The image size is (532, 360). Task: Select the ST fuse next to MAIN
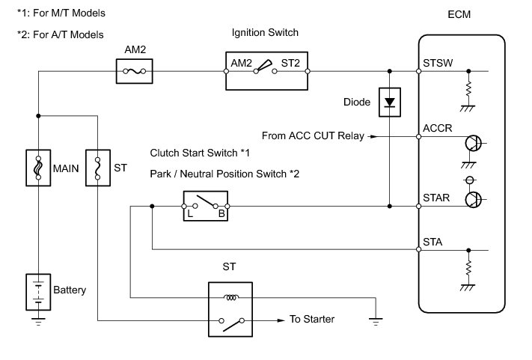pyautogui.click(x=98, y=168)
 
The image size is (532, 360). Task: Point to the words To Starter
pyautogui.click(x=311, y=320)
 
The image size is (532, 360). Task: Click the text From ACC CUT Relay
pyautogui.click(x=312, y=136)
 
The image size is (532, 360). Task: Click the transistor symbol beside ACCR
pyautogui.click(x=472, y=144)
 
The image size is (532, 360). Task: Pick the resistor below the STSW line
pyautogui.click(x=469, y=88)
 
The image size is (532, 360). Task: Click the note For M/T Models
pyautogui.click(x=61, y=13)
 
